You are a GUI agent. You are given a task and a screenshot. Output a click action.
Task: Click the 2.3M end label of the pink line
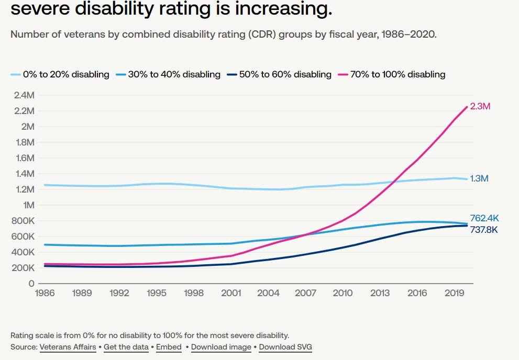(480, 106)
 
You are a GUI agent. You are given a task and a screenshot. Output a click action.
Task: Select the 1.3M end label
(480, 178)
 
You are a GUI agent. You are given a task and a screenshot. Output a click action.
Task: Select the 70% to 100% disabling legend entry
(393, 74)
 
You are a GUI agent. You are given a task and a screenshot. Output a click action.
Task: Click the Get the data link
(126, 347)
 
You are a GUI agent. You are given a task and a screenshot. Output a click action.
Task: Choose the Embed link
(169, 347)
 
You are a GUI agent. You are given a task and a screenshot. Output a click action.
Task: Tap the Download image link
(220, 347)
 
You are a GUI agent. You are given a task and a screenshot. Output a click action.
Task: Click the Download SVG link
(285, 347)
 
